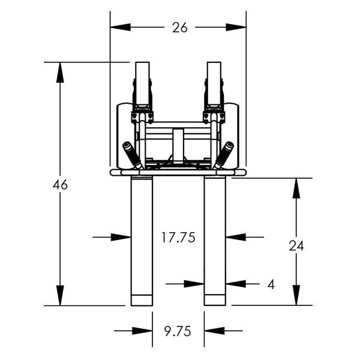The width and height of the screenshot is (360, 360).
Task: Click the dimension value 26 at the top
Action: (179, 28)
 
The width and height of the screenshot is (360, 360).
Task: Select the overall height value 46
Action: (60, 185)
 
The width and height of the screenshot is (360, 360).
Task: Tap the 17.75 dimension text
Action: (178, 237)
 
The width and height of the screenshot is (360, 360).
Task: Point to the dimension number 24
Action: (296, 245)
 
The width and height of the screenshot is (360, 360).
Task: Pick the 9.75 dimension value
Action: (178, 331)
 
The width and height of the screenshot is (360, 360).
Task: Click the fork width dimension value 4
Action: (271, 284)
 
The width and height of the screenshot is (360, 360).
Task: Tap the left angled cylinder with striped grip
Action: (132, 155)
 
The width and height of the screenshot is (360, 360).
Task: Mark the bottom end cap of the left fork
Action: (142, 300)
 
